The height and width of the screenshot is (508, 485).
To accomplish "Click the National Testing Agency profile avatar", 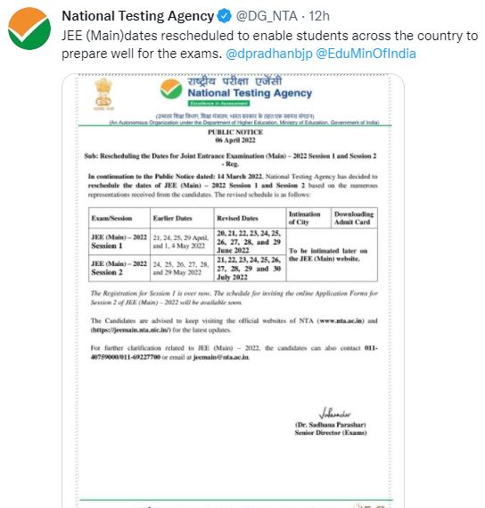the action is pyautogui.click(x=28, y=33).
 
